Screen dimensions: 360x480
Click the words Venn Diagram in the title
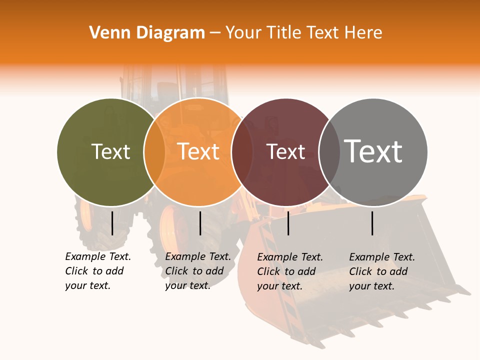point(147,33)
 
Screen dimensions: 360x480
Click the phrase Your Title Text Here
point(303,33)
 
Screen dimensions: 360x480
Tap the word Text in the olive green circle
point(111,151)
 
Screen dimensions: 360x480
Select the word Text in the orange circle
point(198,151)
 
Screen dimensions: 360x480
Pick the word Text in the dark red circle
point(286,151)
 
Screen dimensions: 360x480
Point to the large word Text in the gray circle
point(373,151)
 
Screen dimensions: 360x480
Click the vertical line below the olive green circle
point(112,223)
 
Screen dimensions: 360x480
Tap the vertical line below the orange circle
point(200,223)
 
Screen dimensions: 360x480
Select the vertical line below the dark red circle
point(288,223)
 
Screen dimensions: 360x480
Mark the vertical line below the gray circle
point(372,223)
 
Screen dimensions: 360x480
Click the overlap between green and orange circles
point(154,151)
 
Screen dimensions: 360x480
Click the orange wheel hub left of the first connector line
point(86,217)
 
